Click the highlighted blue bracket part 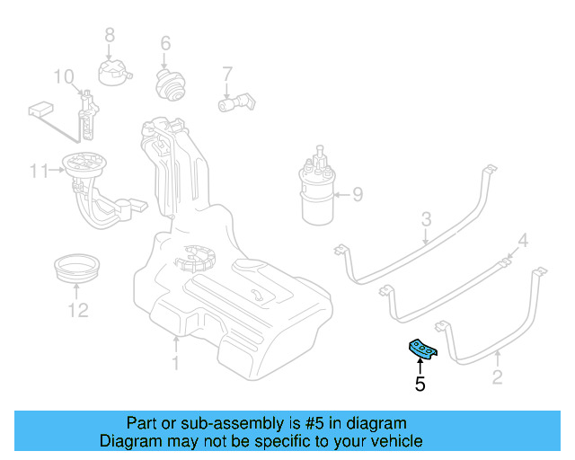pyautogui.click(x=422, y=348)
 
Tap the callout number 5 pyautogui.click(x=420, y=385)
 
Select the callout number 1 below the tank pyautogui.click(x=176, y=363)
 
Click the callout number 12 pyautogui.click(x=77, y=310)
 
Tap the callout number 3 pyautogui.click(x=427, y=218)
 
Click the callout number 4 pyautogui.click(x=523, y=240)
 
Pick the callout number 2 pyautogui.click(x=497, y=377)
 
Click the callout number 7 pyautogui.click(x=226, y=73)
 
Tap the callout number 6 pyautogui.click(x=165, y=43)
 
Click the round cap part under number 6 pyautogui.click(x=167, y=86)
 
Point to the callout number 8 pyautogui.click(x=111, y=35)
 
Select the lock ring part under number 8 pyautogui.click(x=115, y=68)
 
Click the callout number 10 pyautogui.click(x=63, y=75)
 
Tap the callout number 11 pyautogui.click(x=37, y=170)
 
